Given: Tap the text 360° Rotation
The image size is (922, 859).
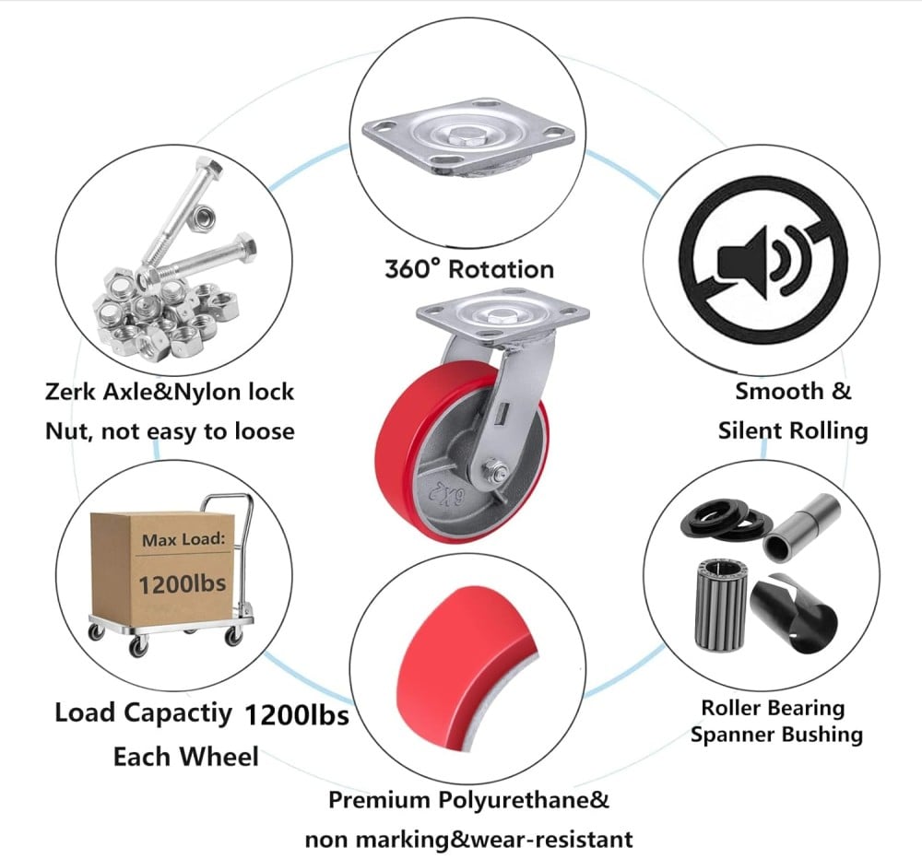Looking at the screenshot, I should point(469,269).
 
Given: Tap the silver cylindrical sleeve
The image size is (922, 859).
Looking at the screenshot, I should point(798,526).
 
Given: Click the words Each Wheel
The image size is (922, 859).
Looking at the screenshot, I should point(185,757).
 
